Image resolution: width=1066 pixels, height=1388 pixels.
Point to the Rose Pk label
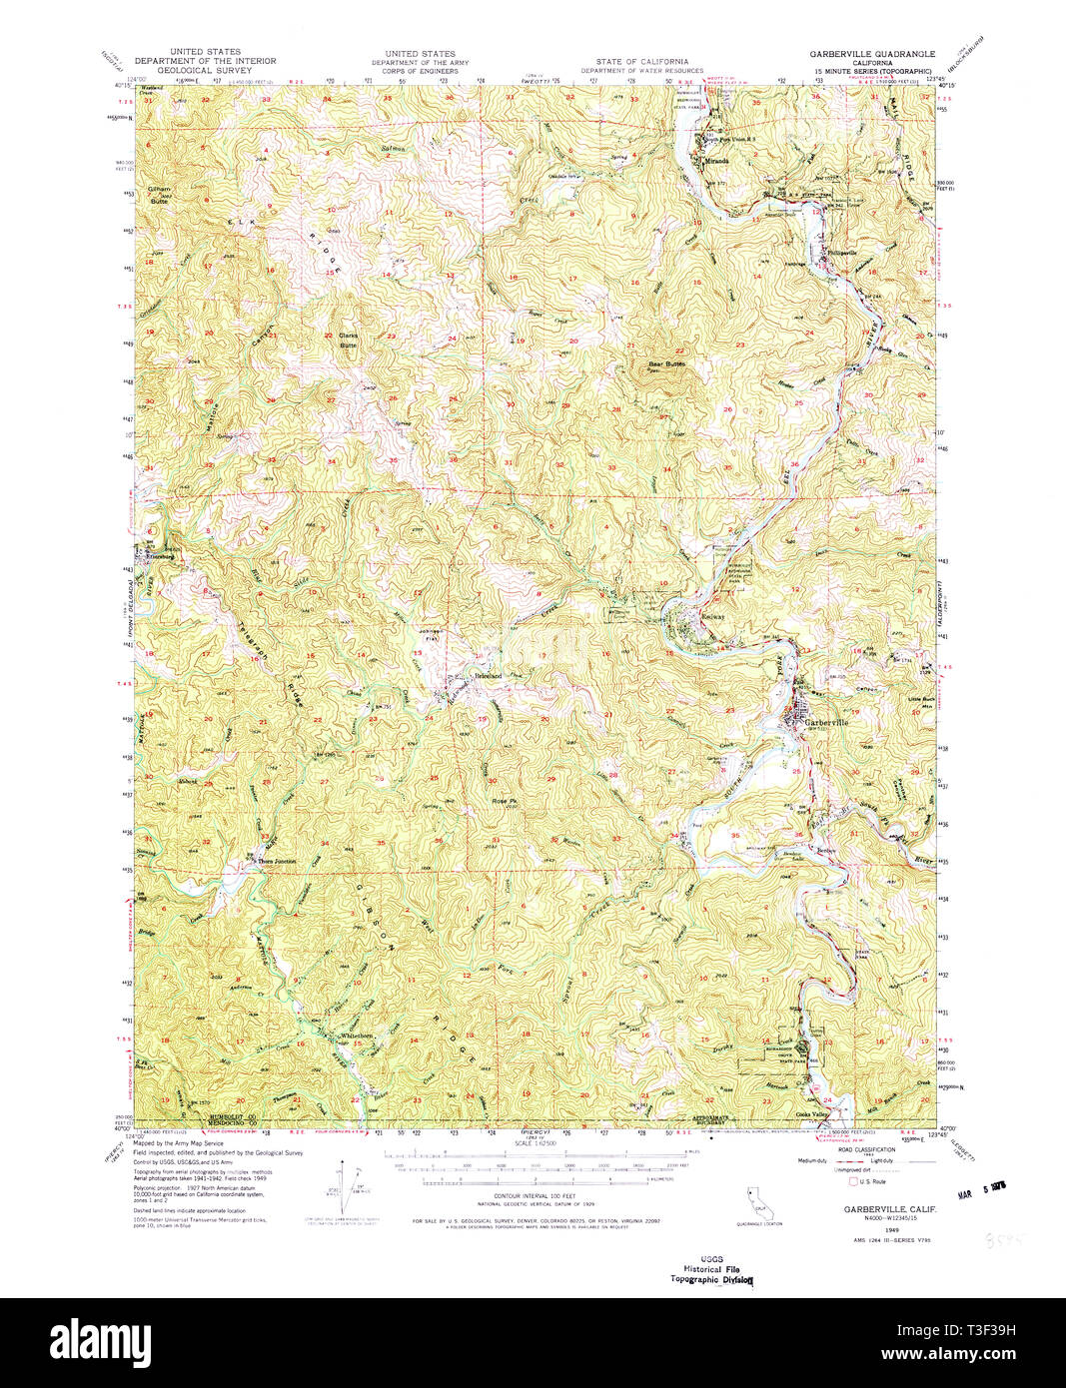(x=503, y=800)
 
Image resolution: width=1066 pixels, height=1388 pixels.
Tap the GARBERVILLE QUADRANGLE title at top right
(x=873, y=54)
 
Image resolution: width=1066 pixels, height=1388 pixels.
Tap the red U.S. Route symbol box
(x=852, y=1181)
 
